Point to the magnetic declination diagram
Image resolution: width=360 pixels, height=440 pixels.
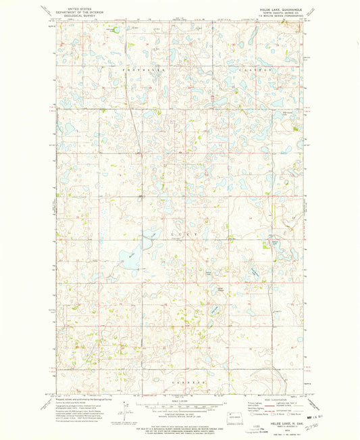125,410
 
